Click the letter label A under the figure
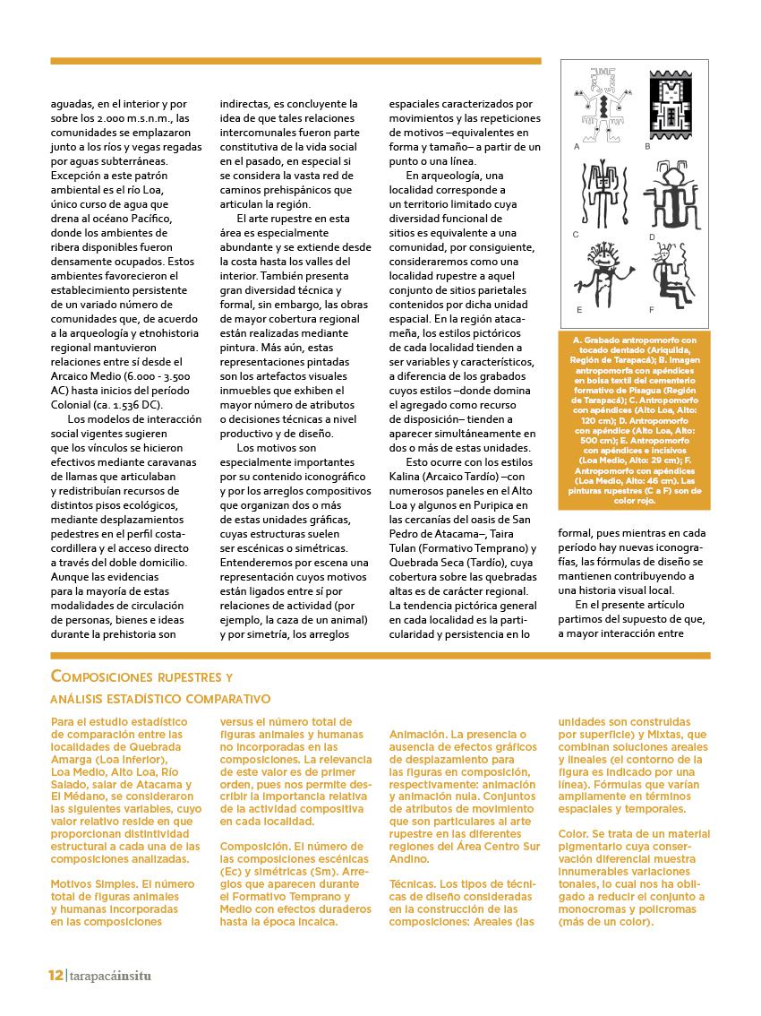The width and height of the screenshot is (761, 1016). pyautogui.click(x=577, y=144)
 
